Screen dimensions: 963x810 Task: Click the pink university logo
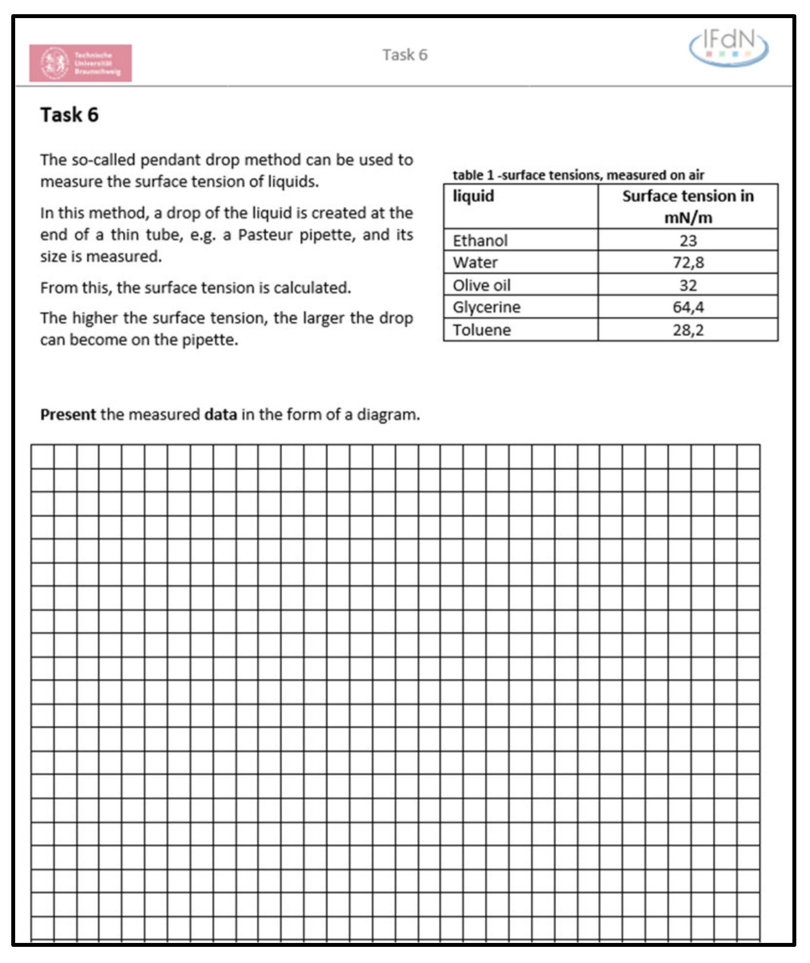pos(80,63)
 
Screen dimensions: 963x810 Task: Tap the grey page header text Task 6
pos(405,55)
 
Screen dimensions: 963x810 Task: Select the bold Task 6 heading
pos(69,115)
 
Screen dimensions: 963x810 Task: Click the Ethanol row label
pos(480,240)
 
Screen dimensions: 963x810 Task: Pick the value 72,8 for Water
pos(688,262)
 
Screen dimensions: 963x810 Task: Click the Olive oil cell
pos(481,285)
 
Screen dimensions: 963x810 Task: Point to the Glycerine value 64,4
pos(688,307)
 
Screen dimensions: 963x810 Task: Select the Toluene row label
pos(481,330)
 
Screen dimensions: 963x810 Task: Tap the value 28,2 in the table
pos(688,330)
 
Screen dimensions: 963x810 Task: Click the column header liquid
pos(473,196)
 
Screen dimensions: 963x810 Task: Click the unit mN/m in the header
pos(688,217)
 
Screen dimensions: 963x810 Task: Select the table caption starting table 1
pos(578,175)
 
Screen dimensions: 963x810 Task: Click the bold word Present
pos(68,414)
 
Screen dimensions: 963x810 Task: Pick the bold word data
pos(220,414)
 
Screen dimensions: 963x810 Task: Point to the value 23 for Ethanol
pos(688,240)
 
